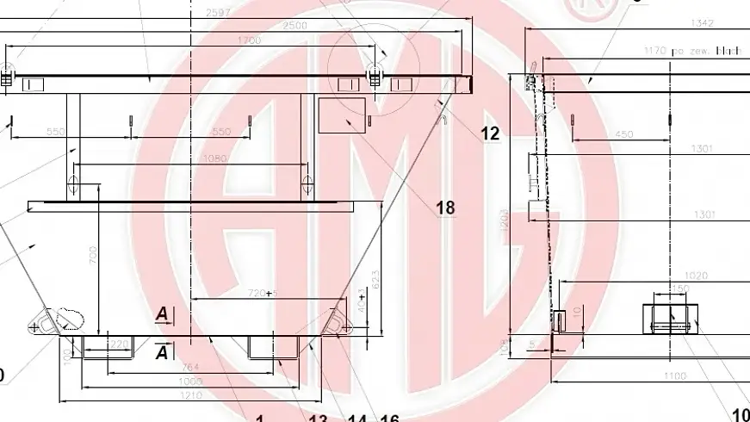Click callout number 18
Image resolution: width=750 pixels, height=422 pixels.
tap(445, 208)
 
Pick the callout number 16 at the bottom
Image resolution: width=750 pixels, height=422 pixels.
tap(389, 419)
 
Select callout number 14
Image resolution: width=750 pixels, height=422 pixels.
tap(358, 419)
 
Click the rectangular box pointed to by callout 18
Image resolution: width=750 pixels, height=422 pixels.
tap(340, 115)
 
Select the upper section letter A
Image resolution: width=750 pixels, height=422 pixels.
tap(161, 315)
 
